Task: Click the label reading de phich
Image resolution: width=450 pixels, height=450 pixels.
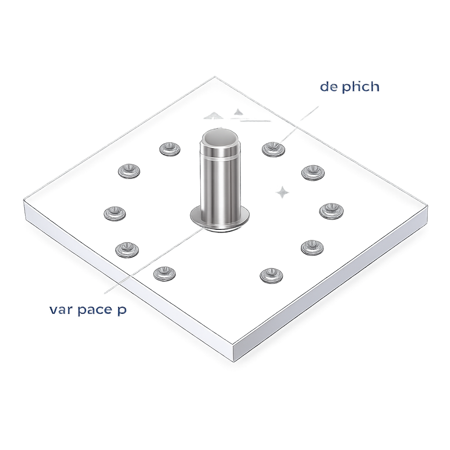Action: coord(349,87)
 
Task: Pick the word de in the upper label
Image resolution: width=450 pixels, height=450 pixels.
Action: coord(329,87)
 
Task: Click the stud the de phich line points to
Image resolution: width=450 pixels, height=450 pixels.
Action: coord(273,149)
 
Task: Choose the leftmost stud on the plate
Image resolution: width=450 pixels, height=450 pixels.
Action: coord(115,213)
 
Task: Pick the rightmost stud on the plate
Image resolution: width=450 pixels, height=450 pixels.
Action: coord(331,211)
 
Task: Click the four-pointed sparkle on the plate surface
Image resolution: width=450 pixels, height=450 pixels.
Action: coord(283,192)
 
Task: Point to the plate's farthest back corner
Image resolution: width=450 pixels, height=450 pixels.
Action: coord(215,78)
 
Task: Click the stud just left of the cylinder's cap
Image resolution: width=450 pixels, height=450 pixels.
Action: coord(170,149)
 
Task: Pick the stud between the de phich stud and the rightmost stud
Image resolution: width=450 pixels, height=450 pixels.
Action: coord(312,172)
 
